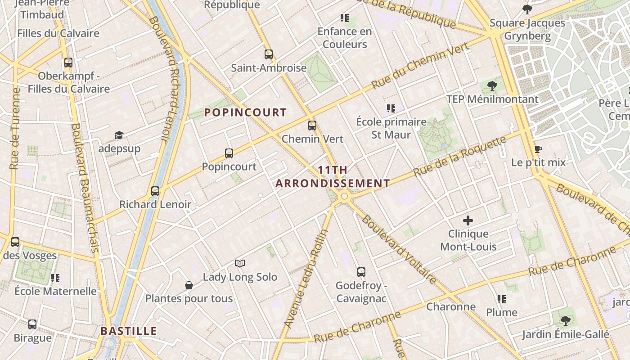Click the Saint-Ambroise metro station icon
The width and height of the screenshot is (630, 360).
click(269, 54)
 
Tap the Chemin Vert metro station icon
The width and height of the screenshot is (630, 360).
click(312, 126)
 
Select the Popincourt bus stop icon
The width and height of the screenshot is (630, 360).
click(229, 153)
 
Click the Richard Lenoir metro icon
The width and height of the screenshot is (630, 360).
click(155, 191)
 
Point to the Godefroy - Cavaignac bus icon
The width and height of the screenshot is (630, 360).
click(361, 272)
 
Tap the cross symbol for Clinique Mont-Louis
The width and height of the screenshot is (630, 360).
click(468, 220)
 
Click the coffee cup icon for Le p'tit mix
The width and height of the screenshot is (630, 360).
click(538, 149)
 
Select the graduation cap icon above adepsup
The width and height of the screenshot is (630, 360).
click(119, 135)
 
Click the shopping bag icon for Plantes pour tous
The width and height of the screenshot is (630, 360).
click(189, 285)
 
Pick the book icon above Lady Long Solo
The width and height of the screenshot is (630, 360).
click(240, 263)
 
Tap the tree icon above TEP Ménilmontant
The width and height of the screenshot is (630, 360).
click(492, 85)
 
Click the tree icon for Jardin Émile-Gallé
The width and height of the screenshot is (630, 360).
click(565, 321)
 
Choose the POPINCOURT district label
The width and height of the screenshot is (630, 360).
click(245, 112)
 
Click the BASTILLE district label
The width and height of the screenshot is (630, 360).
click(129, 331)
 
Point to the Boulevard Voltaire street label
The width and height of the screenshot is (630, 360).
click(399, 249)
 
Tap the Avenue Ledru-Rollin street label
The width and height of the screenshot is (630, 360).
click(306, 279)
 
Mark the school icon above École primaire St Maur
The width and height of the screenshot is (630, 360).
click(391, 108)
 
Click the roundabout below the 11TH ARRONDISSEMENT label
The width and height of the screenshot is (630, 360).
click(345, 196)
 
